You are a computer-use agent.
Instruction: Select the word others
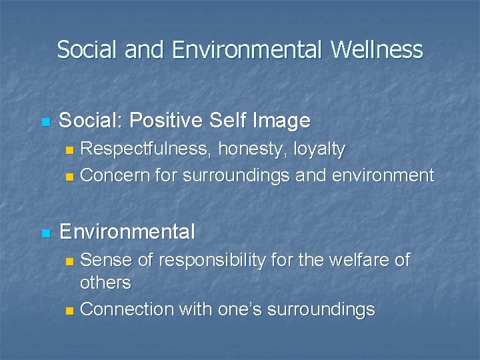tap(105, 283)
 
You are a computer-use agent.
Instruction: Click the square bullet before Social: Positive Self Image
tap(45, 122)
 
